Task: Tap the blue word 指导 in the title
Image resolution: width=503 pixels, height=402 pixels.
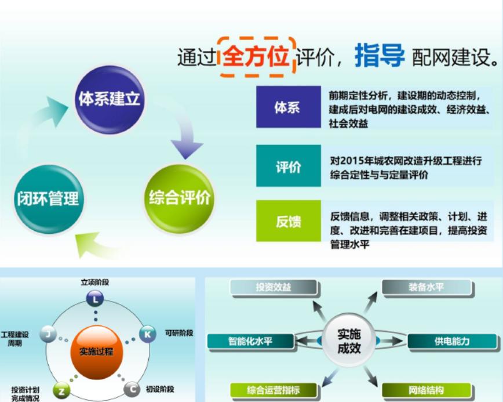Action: (379, 56)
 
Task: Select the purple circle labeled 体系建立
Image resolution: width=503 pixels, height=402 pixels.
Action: (110, 100)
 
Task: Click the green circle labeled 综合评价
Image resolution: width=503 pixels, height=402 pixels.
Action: (179, 198)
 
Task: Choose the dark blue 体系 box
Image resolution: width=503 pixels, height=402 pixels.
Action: (289, 107)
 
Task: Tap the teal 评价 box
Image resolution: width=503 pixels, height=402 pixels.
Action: (289, 166)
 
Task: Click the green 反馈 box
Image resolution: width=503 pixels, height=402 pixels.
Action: (289, 221)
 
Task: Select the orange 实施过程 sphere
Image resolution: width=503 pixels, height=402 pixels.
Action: (97, 352)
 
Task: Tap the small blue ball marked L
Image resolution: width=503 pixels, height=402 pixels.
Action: (95, 299)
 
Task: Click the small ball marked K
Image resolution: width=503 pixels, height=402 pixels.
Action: (148, 334)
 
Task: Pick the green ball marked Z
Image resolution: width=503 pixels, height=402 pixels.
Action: (61, 391)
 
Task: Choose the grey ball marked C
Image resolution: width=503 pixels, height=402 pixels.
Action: (132, 390)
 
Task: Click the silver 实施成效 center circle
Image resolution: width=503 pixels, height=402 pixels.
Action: (349, 341)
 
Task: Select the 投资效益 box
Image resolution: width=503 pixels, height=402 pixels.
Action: (274, 287)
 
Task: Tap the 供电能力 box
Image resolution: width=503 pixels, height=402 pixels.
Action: (453, 341)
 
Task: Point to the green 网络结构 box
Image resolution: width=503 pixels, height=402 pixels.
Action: (427, 390)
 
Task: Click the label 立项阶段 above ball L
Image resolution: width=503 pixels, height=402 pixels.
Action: (95, 283)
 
